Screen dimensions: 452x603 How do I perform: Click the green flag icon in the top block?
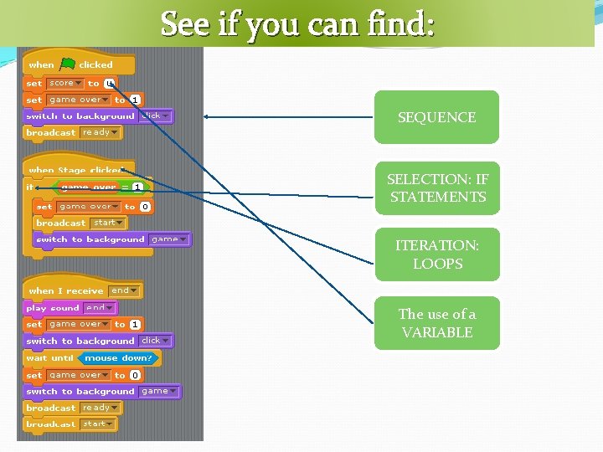pyautogui.click(x=68, y=64)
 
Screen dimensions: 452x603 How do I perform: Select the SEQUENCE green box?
pyautogui.click(x=436, y=117)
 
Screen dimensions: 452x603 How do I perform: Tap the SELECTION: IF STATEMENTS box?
pyautogui.click(x=436, y=188)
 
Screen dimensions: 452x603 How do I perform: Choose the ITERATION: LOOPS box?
pyautogui.click(x=436, y=254)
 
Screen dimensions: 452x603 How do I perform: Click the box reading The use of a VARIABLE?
pyautogui.click(x=436, y=323)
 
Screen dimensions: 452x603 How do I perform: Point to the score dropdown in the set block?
pyautogui.click(x=65, y=83)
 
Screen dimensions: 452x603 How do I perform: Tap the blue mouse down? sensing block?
pyautogui.click(x=118, y=358)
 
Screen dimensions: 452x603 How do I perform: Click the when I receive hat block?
pyautogui.click(x=65, y=290)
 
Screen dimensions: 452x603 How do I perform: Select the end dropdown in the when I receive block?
pyautogui.click(x=124, y=290)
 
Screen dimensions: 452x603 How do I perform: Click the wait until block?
pyautogui.click(x=49, y=358)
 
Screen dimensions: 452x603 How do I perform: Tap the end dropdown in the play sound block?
pyautogui.click(x=98, y=308)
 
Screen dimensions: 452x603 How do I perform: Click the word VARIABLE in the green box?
pyautogui.click(x=436, y=332)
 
